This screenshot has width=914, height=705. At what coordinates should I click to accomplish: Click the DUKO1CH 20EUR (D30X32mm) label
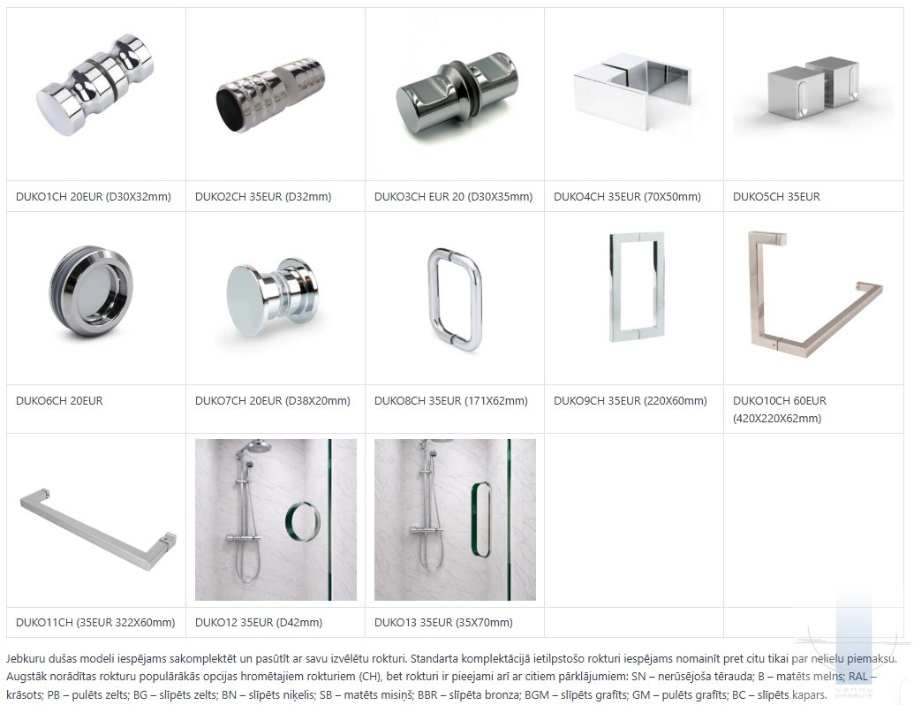click(x=94, y=196)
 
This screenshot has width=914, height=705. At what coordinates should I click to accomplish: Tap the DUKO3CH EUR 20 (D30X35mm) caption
click(x=454, y=196)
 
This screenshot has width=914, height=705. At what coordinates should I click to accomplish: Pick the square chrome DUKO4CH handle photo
click(x=632, y=92)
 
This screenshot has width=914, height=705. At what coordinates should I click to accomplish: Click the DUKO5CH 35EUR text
click(x=776, y=196)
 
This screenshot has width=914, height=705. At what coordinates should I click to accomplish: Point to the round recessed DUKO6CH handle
click(x=91, y=291)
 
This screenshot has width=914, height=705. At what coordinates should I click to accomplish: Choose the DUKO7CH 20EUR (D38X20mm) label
click(x=273, y=400)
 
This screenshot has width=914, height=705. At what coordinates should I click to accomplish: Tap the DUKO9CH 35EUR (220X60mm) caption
click(x=631, y=400)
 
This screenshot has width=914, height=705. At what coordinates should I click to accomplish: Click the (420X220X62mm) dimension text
click(x=777, y=418)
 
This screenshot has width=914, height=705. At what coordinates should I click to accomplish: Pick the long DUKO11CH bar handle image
click(x=98, y=527)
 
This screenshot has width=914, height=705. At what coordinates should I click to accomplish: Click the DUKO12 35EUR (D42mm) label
click(x=259, y=622)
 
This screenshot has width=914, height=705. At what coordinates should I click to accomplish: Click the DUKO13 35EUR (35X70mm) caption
click(x=443, y=622)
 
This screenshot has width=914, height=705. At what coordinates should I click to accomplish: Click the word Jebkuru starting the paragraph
click(x=26, y=659)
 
